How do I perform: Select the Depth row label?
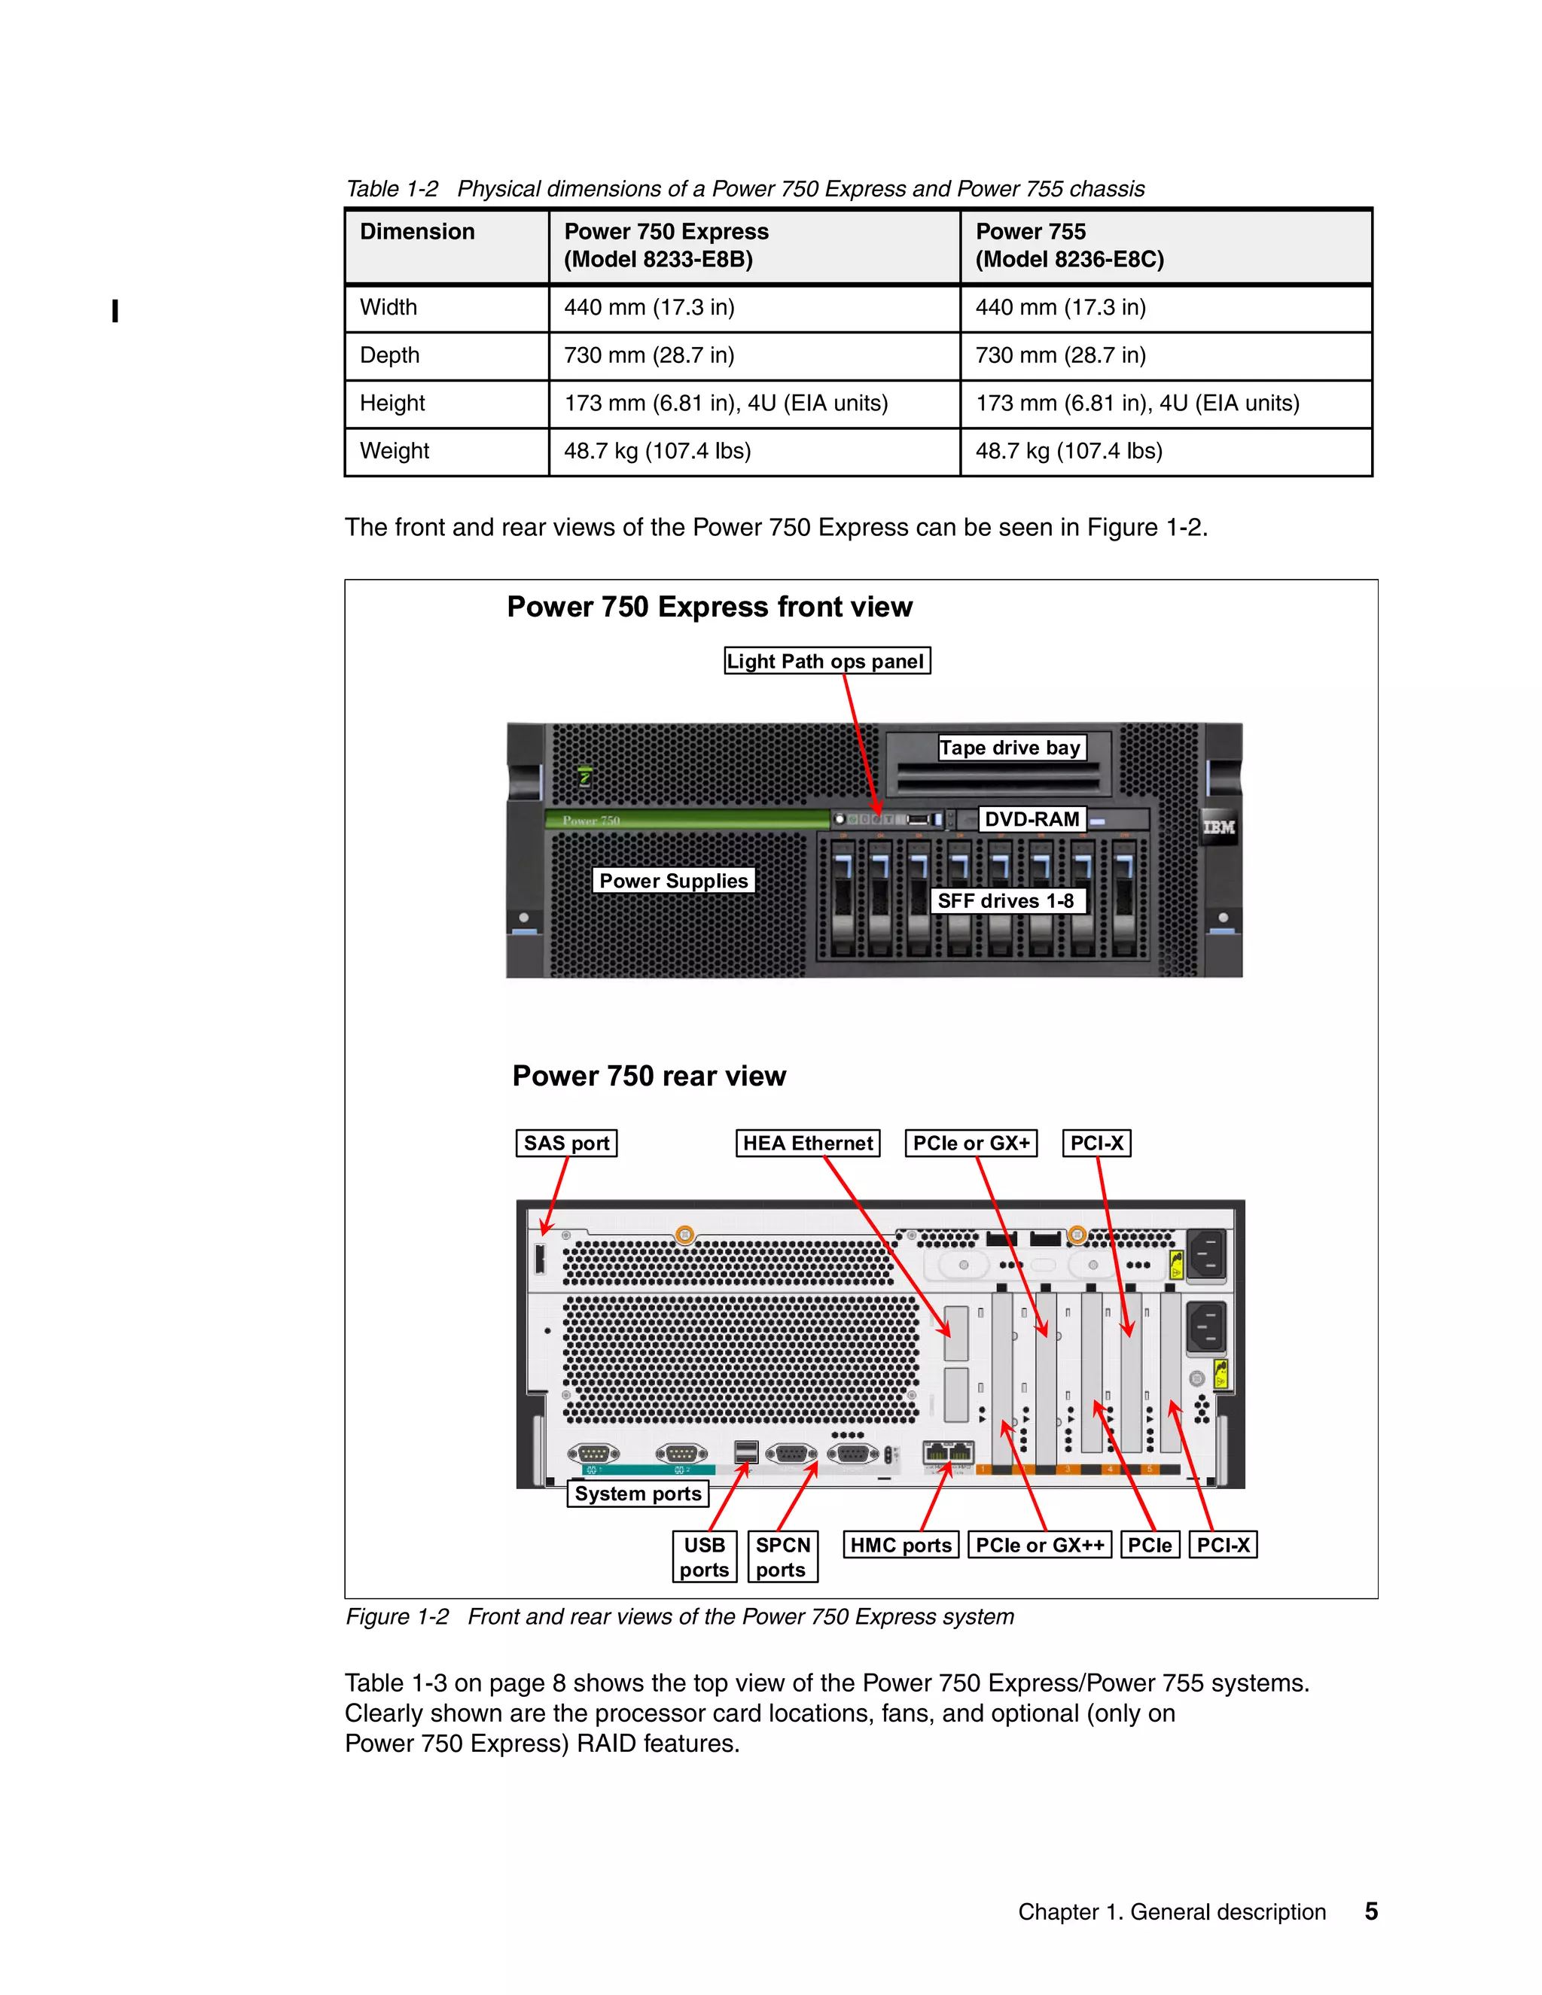(x=390, y=355)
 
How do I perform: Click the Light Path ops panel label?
(x=826, y=661)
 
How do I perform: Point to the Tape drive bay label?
(x=1010, y=748)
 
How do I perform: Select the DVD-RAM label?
(x=1032, y=819)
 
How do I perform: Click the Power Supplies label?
(x=674, y=881)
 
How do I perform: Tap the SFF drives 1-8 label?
(x=1007, y=900)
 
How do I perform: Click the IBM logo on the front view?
(x=1219, y=827)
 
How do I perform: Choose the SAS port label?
(x=566, y=1144)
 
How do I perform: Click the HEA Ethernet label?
(x=808, y=1144)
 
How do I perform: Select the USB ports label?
(x=704, y=1558)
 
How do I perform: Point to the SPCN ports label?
(x=783, y=1558)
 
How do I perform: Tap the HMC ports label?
(x=901, y=1546)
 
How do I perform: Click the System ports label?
(x=638, y=1494)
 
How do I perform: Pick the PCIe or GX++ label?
(x=1040, y=1546)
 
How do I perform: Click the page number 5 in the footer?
(x=1370, y=1912)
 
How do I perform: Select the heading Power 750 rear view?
(x=648, y=1076)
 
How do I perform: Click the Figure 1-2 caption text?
(x=680, y=1617)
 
